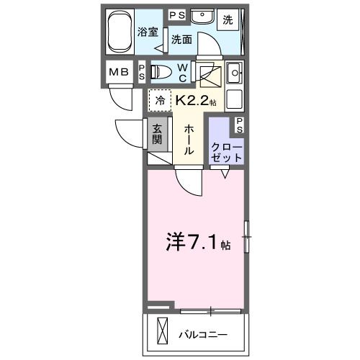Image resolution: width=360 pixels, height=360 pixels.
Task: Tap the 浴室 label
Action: [x=148, y=31]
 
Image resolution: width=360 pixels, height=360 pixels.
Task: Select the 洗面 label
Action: [x=181, y=40]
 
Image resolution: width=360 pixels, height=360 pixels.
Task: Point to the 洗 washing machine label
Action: [x=228, y=20]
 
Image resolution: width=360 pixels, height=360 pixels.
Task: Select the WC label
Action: [x=183, y=72]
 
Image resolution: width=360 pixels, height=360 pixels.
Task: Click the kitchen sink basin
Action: [x=234, y=73]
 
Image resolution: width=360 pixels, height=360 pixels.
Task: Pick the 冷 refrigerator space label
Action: [x=161, y=101]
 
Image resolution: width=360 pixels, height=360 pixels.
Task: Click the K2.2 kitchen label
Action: [x=195, y=102]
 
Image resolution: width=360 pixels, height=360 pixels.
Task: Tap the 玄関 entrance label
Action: [x=158, y=135]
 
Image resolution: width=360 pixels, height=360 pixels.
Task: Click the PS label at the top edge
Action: [x=177, y=14]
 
